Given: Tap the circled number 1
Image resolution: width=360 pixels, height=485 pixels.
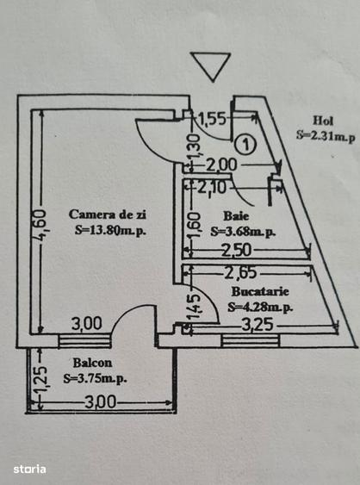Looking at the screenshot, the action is pyautogui.click(x=245, y=144).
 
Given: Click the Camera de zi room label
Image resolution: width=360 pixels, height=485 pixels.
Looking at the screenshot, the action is pyautogui.click(x=108, y=215).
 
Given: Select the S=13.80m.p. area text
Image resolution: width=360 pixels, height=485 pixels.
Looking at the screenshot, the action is pyautogui.click(x=110, y=230).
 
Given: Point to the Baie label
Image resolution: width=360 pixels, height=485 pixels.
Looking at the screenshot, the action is pyautogui.click(x=236, y=215).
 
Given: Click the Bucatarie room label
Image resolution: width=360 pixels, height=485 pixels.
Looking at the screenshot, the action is pyautogui.click(x=260, y=291).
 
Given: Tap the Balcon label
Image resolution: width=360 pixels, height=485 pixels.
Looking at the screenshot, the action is pyautogui.click(x=92, y=363).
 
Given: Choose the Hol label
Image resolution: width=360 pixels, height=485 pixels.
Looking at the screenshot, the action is pyautogui.click(x=323, y=121).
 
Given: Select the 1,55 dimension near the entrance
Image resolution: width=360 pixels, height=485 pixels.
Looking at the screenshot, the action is pyautogui.click(x=212, y=119).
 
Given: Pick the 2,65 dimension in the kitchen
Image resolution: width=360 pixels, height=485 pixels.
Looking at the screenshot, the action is pyautogui.click(x=240, y=273).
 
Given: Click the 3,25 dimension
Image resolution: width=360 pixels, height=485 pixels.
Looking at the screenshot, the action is pyautogui.click(x=258, y=326).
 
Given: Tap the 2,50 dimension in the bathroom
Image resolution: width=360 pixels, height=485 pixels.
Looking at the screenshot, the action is pyautogui.click(x=236, y=251).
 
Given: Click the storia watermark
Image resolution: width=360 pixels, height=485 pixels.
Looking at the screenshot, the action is pyautogui.click(x=29, y=469).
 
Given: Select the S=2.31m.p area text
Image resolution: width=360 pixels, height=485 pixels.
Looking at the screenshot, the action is pyautogui.click(x=326, y=136).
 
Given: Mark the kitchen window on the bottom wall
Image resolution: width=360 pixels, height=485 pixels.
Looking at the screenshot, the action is pyautogui.click(x=251, y=341).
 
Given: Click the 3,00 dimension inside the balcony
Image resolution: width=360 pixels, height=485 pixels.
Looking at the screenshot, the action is pyautogui.click(x=101, y=402).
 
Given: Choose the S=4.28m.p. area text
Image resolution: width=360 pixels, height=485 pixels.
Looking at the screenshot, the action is pyautogui.click(x=260, y=307).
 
